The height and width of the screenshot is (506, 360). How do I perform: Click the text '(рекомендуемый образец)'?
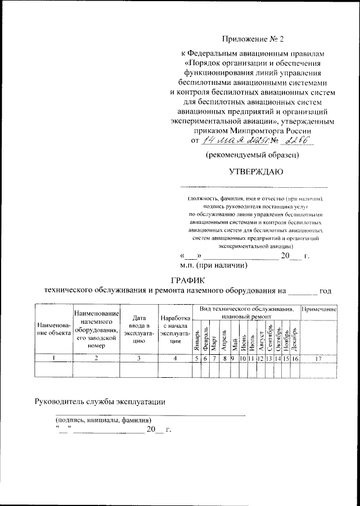tap(251, 154)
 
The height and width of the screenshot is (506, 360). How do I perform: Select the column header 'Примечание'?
tap(318, 310)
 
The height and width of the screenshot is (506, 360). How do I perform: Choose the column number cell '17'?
tap(318, 358)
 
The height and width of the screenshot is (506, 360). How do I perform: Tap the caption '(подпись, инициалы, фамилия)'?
tap(102, 420)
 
